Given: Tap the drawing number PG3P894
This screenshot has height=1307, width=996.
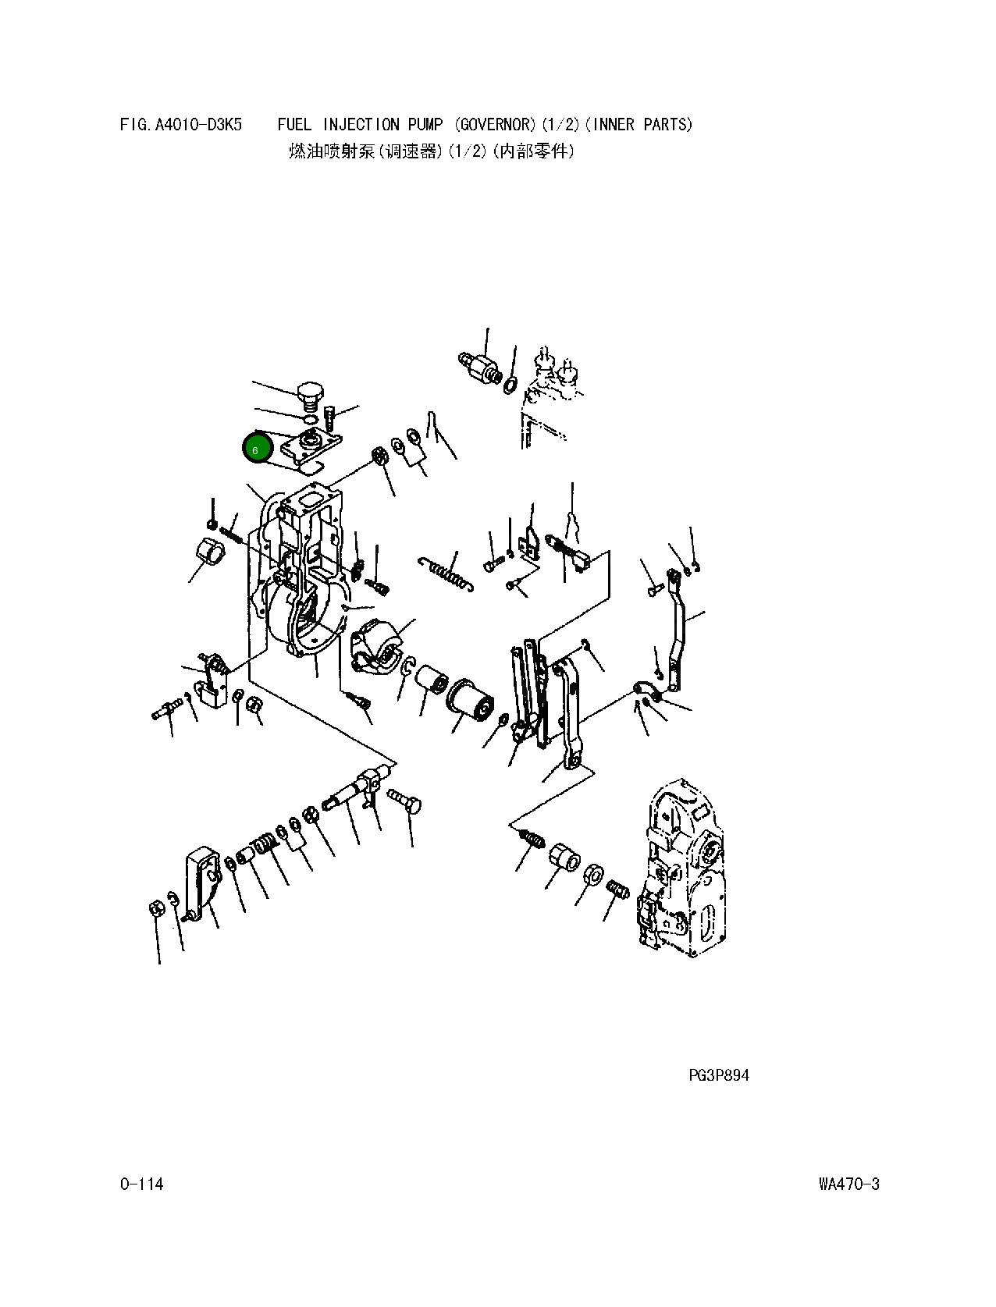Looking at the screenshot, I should [x=718, y=1075].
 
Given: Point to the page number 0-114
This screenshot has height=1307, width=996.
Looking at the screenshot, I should [x=141, y=1184].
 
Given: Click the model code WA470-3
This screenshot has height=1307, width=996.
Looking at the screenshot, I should [x=849, y=1184].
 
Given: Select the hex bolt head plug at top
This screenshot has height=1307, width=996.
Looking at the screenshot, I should [x=310, y=394].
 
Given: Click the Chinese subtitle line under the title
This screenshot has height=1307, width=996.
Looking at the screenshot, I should [x=432, y=151].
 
